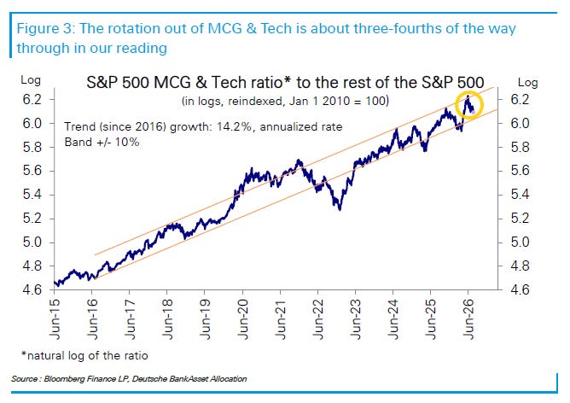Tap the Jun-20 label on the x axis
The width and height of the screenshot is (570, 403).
pyautogui.click(x=242, y=319)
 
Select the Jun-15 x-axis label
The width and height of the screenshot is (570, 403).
pyautogui.click(x=55, y=319)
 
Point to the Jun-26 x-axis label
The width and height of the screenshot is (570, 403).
pyautogui.click(x=468, y=319)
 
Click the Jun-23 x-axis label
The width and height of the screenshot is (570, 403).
pyautogui.click(x=356, y=319)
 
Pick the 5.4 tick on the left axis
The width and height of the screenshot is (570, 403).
pyautogui.click(x=32, y=195)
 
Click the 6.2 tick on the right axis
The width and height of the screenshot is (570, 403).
pyautogui.click(x=521, y=99)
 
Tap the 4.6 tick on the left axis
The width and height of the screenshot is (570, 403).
pyautogui.click(x=32, y=290)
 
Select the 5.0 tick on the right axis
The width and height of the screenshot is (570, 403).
pyautogui.click(x=521, y=242)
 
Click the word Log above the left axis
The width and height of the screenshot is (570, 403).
pyautogui.click(x=31, y=80)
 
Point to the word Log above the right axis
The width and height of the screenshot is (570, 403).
pyautogui.click(x=527, y=83)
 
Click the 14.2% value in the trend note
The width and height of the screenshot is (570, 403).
pyautogui.click(x=234, y=127)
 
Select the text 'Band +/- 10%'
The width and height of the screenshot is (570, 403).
pyautogui.click(x=102, y=142)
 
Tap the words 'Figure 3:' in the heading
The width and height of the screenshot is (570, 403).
pyautogui.click(x=46, y=29)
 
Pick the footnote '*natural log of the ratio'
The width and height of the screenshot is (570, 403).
pyautogui.click(x=84, y=355)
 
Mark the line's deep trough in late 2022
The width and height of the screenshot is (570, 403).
pyautogui.click(x=340, y=209)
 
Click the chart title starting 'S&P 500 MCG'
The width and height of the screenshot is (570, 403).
pyautogui.click(x=285, y=83)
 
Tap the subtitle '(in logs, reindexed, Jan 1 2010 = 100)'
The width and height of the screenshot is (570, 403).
pyautogui.click(x=285, y=101)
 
